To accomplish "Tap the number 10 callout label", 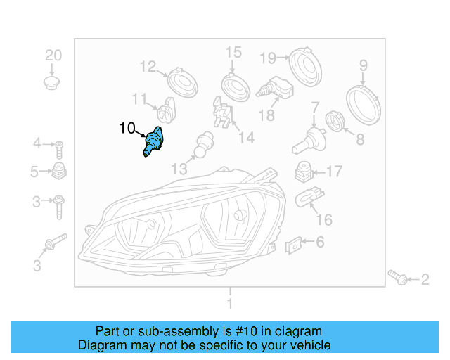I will pos(127,128).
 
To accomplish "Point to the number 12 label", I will pos(148,67).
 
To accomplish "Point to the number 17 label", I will pos(334,171).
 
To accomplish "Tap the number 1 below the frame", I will pos(229,303).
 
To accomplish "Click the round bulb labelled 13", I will pos(205,143).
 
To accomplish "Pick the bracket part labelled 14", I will pos(221,116).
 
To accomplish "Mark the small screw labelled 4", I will pos(60,147).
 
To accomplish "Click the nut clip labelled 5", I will pos(60,172).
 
